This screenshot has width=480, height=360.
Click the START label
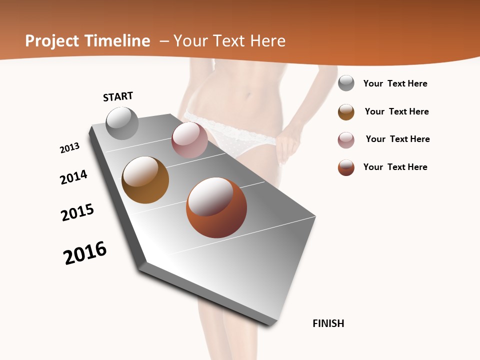(118, 96)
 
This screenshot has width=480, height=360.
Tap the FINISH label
(328, 323)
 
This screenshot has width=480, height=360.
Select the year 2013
(69, 148)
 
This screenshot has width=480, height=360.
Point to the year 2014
(73, 177)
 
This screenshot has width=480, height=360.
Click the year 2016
(85, 253)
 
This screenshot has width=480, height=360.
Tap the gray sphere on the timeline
(122, 123)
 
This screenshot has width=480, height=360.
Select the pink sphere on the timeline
(189, 140)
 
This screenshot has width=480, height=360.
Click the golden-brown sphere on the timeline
(145, 180)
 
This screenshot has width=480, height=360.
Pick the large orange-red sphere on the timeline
(216, 207)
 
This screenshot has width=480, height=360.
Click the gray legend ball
(346, 83)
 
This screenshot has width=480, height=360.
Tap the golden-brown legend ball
(346, 112)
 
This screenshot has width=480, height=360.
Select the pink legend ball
(346, 140)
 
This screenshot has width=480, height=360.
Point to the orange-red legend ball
(346, 167)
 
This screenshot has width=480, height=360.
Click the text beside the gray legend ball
(395, 83)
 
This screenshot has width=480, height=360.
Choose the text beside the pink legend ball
(397, 139)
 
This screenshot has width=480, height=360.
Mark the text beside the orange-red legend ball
(395, 167)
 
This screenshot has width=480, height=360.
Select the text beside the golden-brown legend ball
(396, 111)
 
